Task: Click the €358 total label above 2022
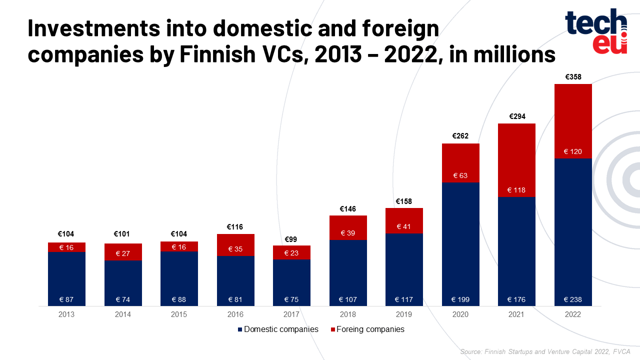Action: (x=573, y=77)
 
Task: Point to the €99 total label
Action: (x=291, y=239)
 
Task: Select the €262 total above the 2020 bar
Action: (x=460, y=136)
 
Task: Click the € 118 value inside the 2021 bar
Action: (x=516, y=190)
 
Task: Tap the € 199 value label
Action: (x=460, y=300)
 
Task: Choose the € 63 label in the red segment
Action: (x=460, y=175)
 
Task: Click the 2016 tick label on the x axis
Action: (x=235, y=314)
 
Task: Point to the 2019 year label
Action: (x=404, y=314)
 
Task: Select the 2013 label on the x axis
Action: (x=66, y=314)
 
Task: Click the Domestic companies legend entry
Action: (x=278, y=329)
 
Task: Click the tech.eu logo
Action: (x=596, y=31)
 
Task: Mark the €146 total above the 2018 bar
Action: (x=348, y=208)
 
